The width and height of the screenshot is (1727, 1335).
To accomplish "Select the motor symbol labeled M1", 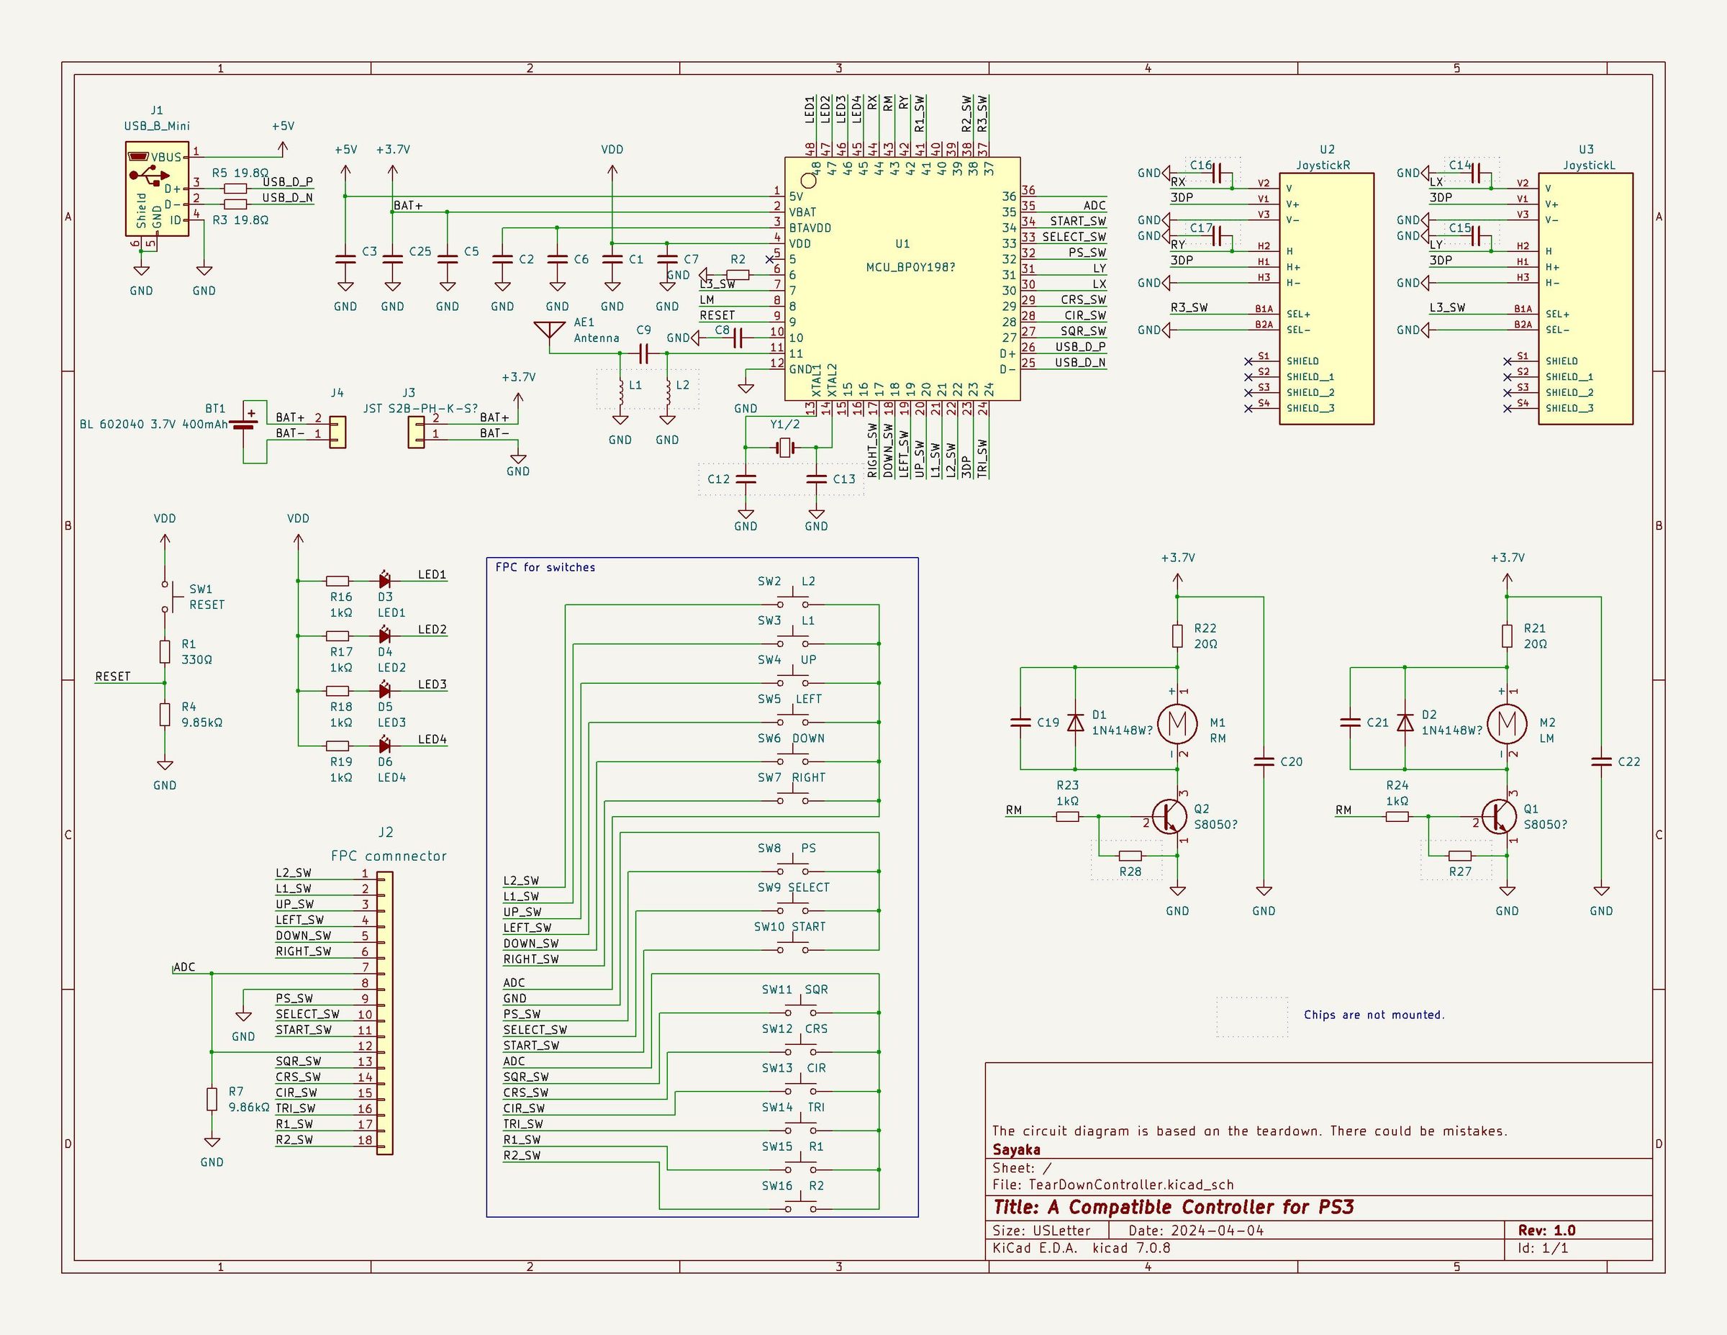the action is [1177, 723].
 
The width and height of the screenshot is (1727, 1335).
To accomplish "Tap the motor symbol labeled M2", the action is [1508, 723].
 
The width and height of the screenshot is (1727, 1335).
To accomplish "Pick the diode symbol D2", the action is [1405, 722].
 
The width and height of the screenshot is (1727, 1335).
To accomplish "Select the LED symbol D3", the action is [385, 581].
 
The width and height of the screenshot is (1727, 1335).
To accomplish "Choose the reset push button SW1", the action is [166, 597].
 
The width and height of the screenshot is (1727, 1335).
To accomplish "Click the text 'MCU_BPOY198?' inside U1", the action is [910, 267].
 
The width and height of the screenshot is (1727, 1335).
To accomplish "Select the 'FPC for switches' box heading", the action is [545, 567].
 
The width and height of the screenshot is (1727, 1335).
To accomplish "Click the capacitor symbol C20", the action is [1264, 761].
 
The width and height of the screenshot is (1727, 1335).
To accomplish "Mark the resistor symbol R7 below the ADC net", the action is [212, 1100].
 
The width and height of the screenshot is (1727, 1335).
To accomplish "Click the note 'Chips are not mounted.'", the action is [1374, 1015].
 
